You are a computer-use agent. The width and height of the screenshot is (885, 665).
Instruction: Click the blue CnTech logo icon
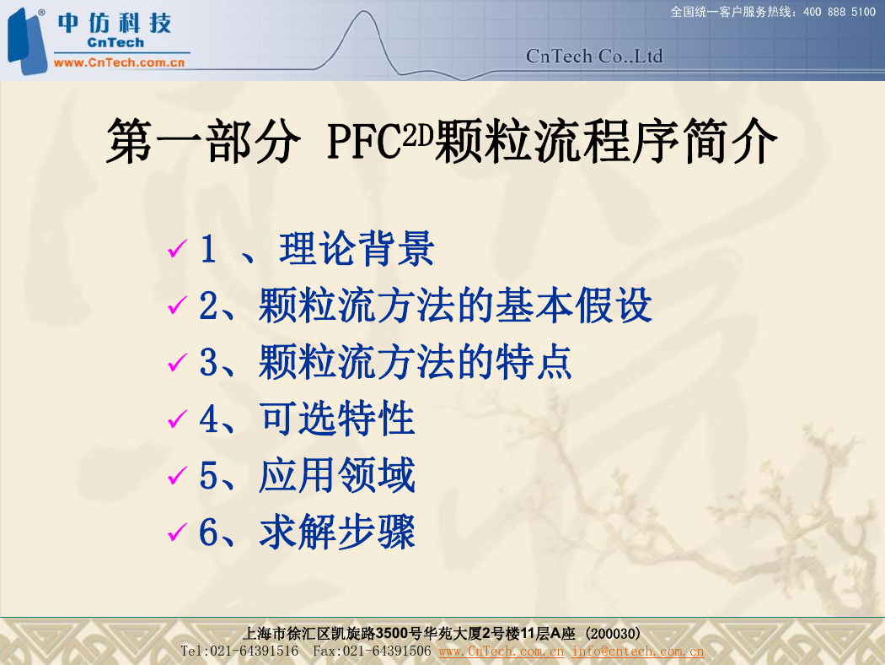pyautogui.click(x=26, y=41)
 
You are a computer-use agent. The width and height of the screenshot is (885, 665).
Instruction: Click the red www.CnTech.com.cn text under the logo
pyautogui.click(x=119, y=62)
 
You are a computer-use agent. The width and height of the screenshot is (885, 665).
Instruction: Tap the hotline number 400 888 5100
pyautogui.click(x=839, y=12)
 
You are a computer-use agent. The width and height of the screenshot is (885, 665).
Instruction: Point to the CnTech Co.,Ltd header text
pyautogui.click(x=594, y=56)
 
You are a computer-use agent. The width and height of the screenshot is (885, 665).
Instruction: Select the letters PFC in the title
pyautogui.click(x=364, y=141)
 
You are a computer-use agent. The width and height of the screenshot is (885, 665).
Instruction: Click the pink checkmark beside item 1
pyautogui.click(x=177, y=248)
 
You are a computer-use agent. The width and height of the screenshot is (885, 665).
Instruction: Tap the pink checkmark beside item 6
pyautogui.click(x=177, y=532)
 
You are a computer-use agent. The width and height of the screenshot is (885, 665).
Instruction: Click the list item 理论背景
pyautogui.click(x=357, y=249)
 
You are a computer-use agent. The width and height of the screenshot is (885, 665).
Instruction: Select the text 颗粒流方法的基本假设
pyautogui.click(x=455, y=305)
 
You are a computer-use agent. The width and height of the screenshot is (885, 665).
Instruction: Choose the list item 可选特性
pyautogui.click(x=337, y=419)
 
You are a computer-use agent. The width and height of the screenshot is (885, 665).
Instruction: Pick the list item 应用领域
pyautogui.click(x=337, y=475)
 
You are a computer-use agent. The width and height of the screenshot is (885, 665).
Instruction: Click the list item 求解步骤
pyautogui.click(x=337, y=532)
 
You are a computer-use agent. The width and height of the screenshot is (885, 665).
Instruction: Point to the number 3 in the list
pyautogui.click(x=208, y=362)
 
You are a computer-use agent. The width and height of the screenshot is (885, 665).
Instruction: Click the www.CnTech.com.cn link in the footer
pyautogui.click(x=501, y=651)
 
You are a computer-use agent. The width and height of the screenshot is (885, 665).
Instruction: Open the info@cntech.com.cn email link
pyautogui.click(x=638, y=651)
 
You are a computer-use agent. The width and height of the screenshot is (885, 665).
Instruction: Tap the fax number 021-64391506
pyautogui.click(x=387, y=651)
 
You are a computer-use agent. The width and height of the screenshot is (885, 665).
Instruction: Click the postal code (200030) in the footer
pyautogui.click(x=613, y=634)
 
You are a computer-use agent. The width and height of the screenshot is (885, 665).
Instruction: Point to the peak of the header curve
pyautogui.click(x=364, y=12)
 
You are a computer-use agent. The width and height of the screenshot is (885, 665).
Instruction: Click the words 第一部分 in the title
pyautogui.click(x=203, y=141)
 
